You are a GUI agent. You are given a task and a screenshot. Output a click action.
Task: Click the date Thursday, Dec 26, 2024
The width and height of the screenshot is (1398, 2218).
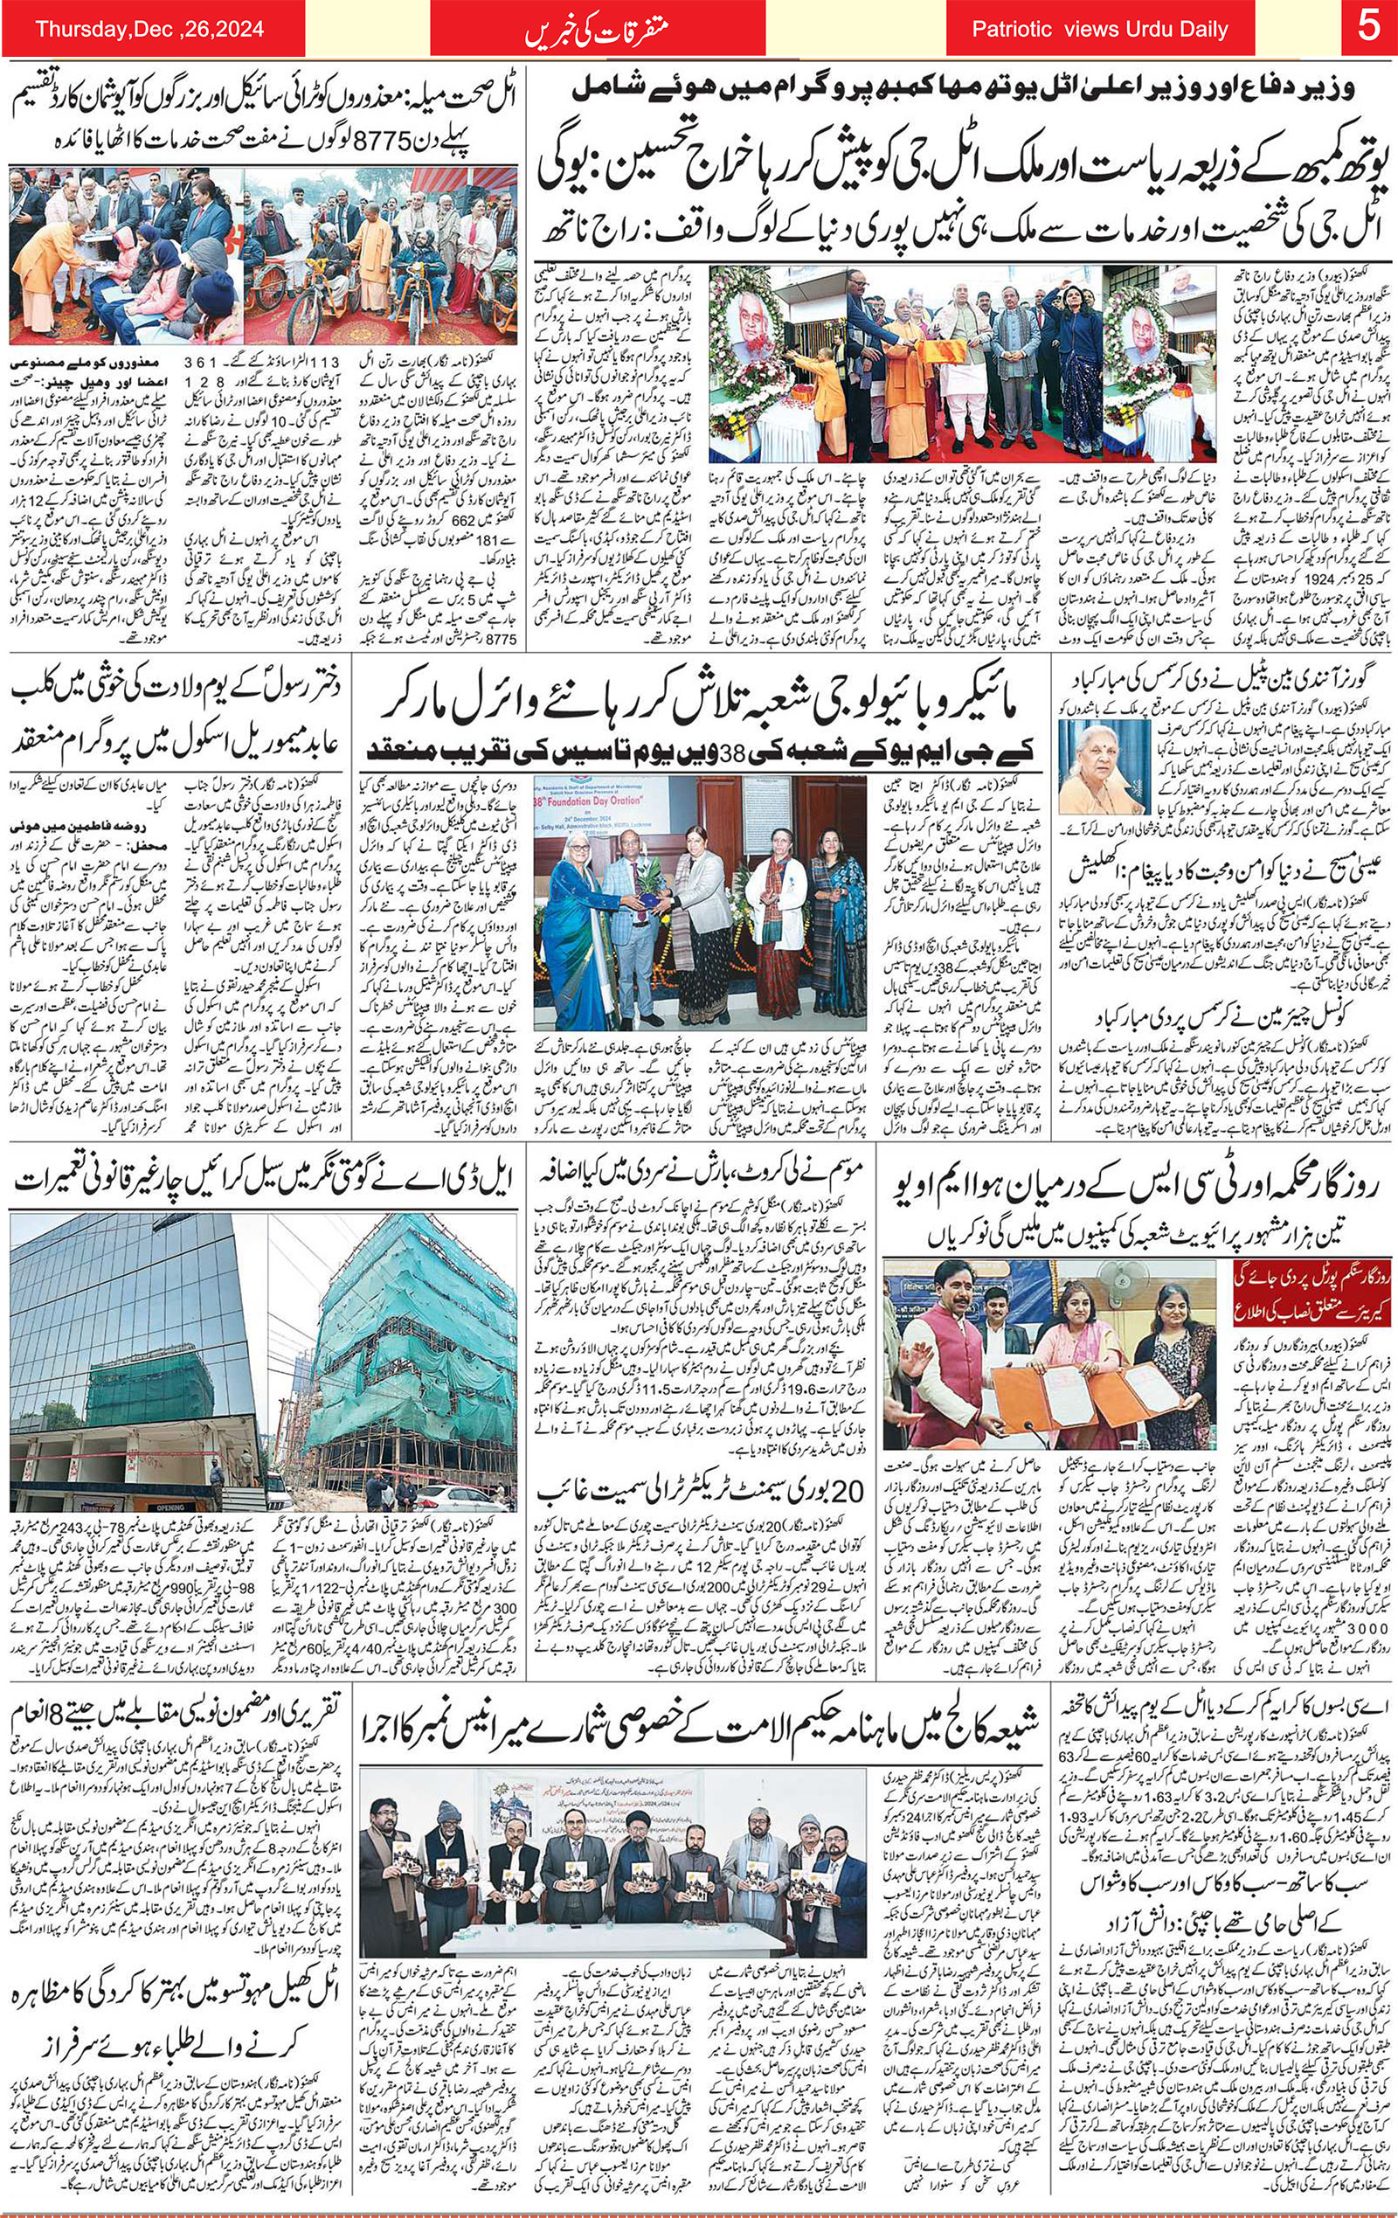(x=149, y=30)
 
